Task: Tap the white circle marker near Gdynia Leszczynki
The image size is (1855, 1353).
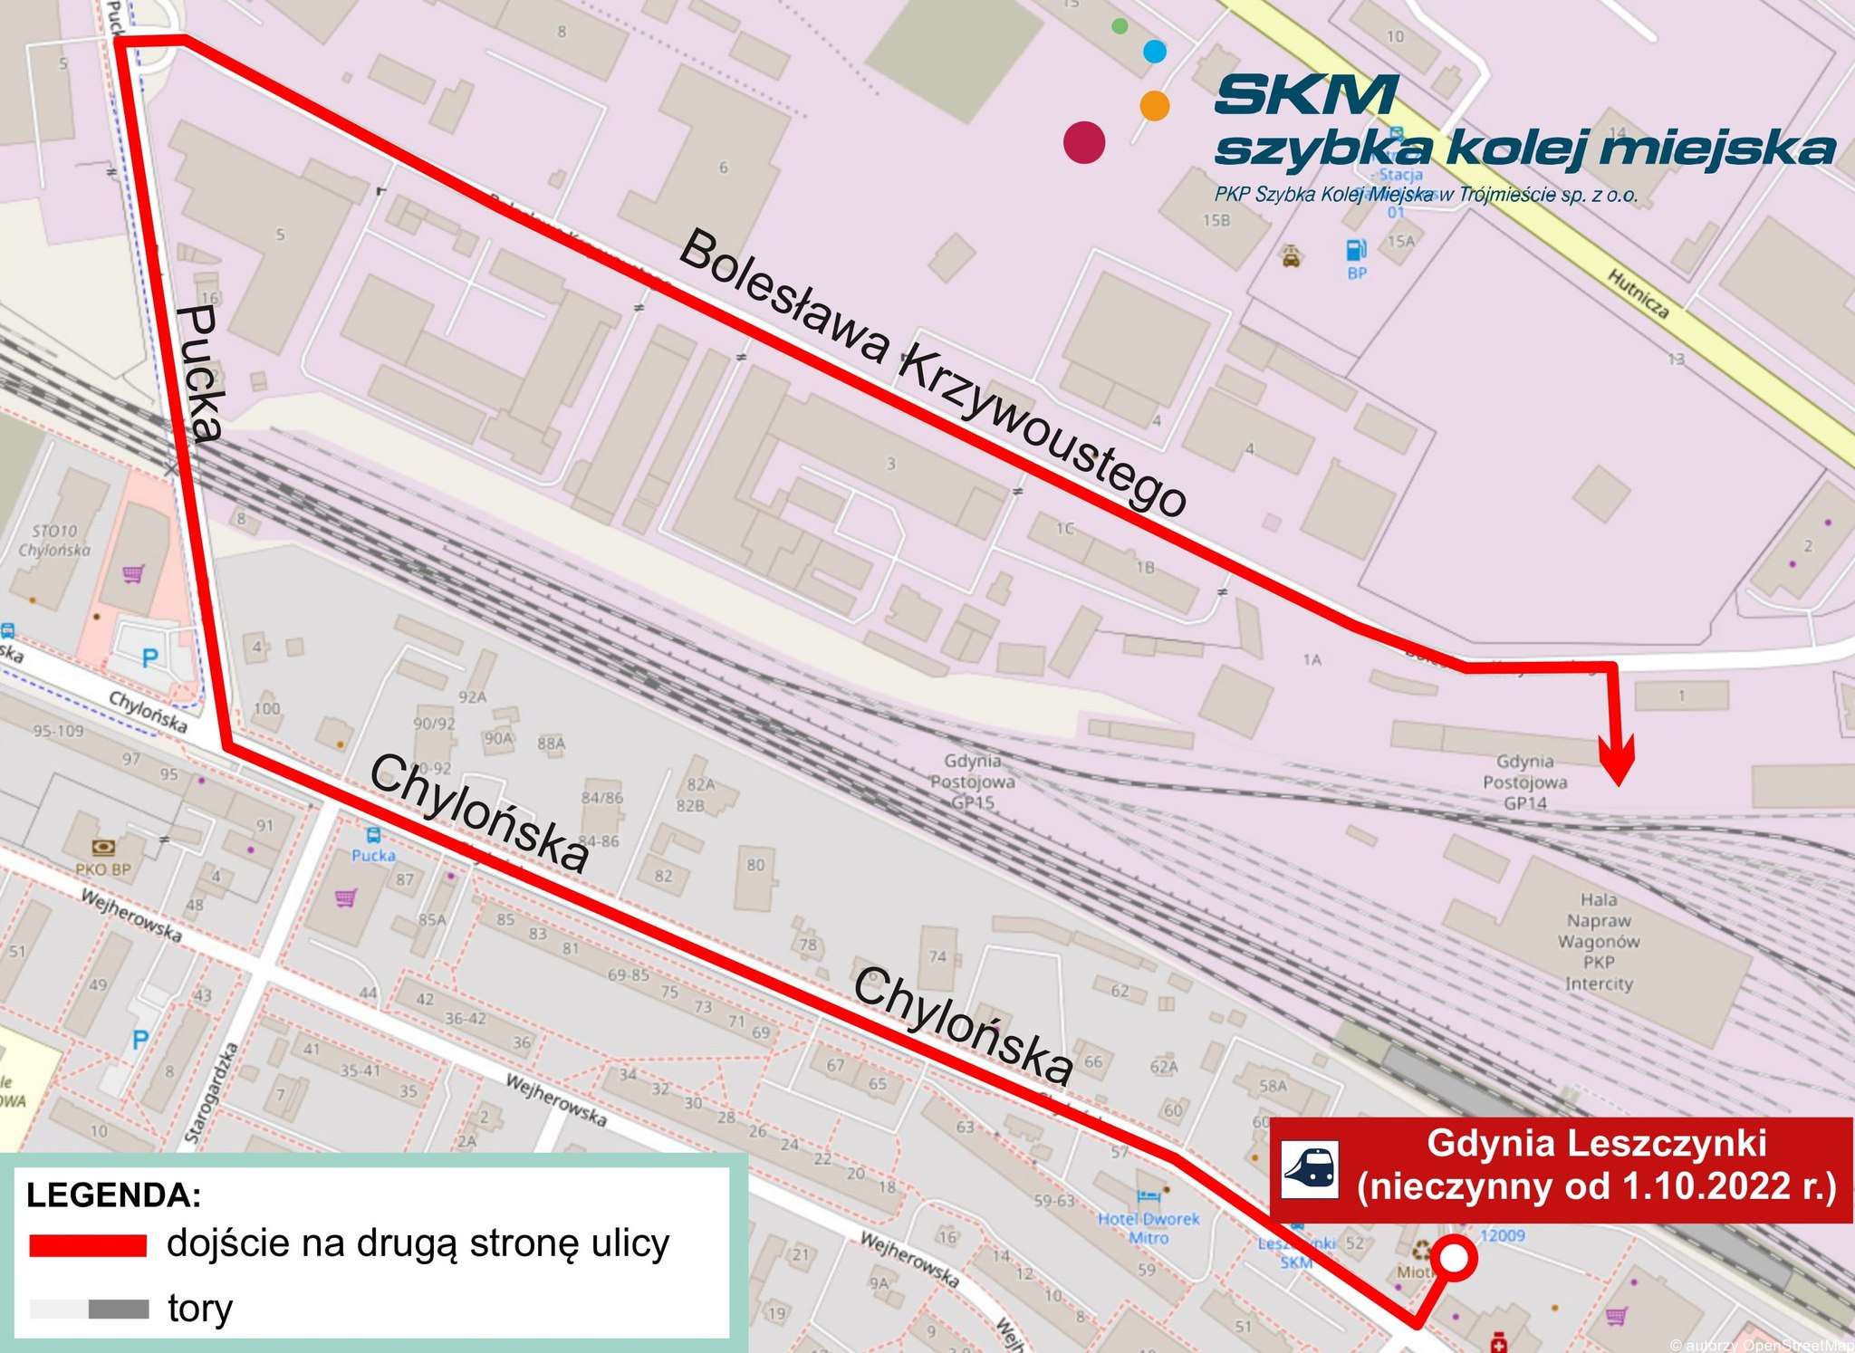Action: pos(1454,1259)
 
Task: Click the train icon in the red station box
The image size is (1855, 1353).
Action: pos(1311,1169)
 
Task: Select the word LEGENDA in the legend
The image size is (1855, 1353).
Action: pos(113,1195)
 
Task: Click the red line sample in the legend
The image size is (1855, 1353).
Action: pos(88,1245)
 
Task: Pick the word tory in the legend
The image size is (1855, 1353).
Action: pos(200,1309)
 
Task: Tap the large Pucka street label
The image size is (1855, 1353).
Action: pos(200,373)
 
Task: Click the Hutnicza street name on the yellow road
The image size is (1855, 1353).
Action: pos(1638,293)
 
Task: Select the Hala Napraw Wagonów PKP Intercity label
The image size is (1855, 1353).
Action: pos(1599,942)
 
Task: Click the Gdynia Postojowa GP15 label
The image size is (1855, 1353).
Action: pos(973,781)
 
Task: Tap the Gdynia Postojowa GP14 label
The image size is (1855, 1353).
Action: pos(1525,782)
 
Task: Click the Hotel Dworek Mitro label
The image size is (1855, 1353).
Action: pos(1149,1228)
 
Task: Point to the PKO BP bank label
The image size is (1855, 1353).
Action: pos(103,868)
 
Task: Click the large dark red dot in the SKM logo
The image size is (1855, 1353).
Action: pos(1084,142)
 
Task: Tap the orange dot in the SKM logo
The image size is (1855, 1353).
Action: pos(1154,105)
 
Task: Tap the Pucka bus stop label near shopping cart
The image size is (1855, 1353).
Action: pos(373,855)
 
